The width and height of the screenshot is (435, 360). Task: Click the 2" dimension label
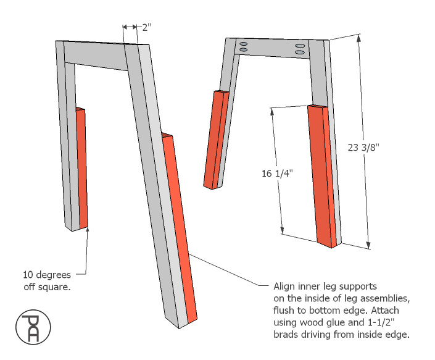coord(146,27)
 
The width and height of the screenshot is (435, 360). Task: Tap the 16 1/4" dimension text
coord(276,174)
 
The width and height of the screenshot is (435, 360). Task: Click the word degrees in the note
coord(54,274)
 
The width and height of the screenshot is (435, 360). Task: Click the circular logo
coord(30,328)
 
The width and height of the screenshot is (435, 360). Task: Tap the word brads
coord(286,335)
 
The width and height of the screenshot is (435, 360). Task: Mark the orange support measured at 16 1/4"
coord(323,176)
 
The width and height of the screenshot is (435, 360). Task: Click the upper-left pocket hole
coord(244,44)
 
